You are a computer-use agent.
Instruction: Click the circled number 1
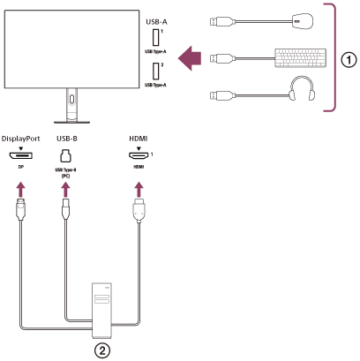[x=349, y=60]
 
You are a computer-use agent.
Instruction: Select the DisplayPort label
[x=21, y=139]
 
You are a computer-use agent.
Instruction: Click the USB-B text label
[x=67, y=139]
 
